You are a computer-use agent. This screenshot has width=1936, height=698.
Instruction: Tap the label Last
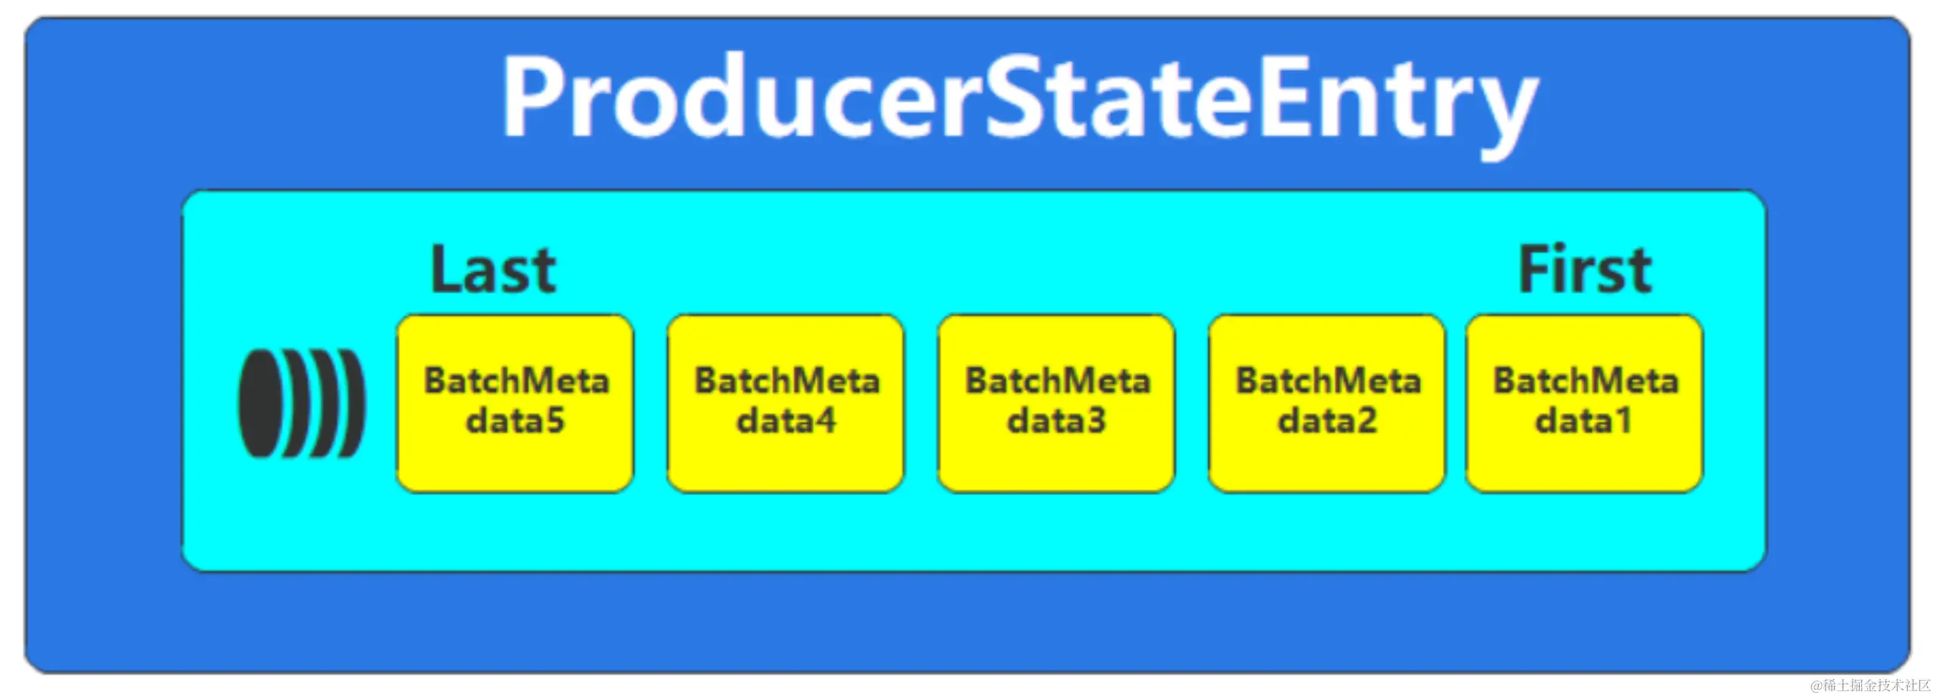(x=493, y=270)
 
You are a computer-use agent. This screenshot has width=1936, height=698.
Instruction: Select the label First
(x=1584, y=270)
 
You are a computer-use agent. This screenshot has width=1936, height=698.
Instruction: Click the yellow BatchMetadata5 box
(x=515, y=403)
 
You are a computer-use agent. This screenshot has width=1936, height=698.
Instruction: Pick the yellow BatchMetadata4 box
(x=786, y=403)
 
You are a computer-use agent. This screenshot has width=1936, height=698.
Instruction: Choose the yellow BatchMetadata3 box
(x=1056, y=403)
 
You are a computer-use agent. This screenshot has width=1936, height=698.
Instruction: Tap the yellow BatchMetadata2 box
(x=1327, y=403)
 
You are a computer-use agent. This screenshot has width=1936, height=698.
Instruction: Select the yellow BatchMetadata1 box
(x=1584, y=403)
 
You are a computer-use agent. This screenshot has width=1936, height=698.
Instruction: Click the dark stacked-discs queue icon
(x=302, y=403)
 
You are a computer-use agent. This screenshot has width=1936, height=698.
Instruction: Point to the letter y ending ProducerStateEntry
(x=1505, y=113)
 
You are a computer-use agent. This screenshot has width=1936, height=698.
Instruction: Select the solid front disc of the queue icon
(x=259, y=403)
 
